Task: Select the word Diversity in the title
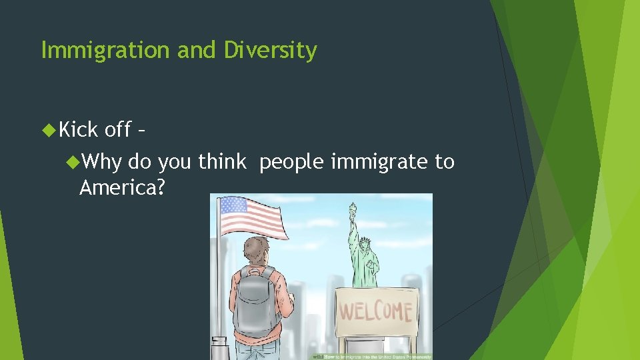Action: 270,51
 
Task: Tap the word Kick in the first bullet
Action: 79,129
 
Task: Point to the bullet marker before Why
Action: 73,162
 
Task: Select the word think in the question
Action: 222,162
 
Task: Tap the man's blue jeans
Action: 257,352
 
